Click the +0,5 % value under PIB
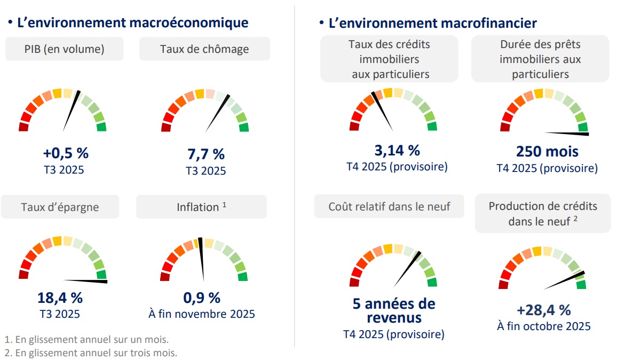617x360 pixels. pos(66,153)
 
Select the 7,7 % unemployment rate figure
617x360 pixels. pos(206,154)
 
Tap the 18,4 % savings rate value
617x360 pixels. pos(60,298)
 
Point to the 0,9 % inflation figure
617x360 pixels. pos(202,298)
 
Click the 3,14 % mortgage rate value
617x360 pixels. pos(397,150)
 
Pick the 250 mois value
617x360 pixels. pos(547,152)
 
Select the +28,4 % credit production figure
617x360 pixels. pos(544,309)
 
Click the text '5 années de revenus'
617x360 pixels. pos(394,311)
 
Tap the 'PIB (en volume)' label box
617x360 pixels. pos(65,49)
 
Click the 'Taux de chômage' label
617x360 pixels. pos(204,49)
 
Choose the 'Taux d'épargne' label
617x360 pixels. pos(60,207)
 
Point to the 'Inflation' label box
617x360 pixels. pos(201,207)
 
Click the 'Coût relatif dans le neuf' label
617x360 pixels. pos(389,206)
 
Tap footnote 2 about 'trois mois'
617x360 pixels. pos(91,353)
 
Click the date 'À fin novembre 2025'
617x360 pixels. pos(202,314)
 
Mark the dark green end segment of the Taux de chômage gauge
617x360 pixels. pos(244,127)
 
